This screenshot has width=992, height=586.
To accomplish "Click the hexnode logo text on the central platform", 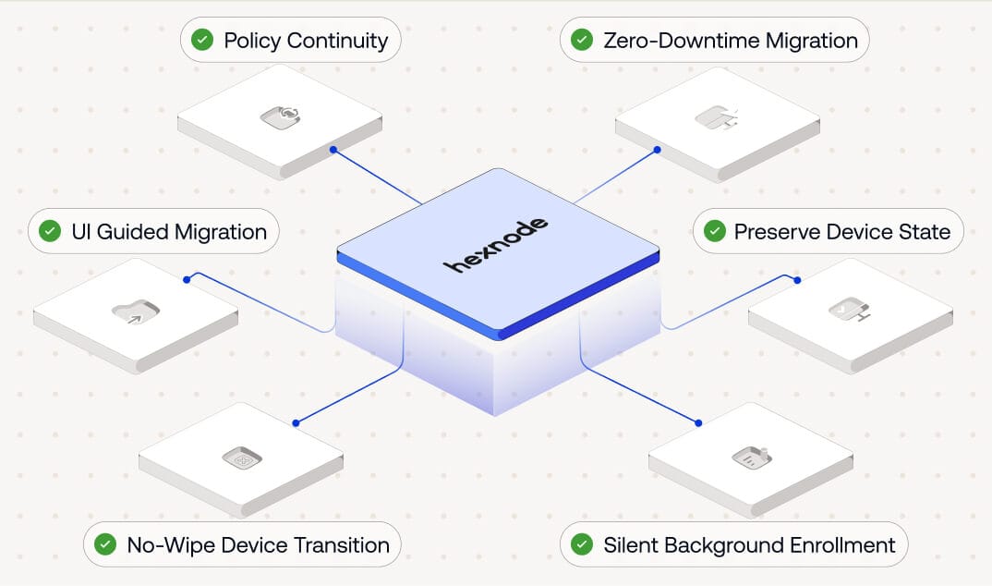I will pos(496,245).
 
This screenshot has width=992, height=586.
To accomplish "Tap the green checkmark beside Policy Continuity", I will pos(201,40).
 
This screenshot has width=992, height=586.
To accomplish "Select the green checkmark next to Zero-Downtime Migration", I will pos(581,40).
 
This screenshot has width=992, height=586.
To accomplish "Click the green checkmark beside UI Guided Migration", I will pos(50,231).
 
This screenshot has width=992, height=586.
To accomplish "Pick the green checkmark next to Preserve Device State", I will pos(714,231).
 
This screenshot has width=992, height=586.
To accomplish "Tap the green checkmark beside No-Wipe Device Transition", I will pos(105,544).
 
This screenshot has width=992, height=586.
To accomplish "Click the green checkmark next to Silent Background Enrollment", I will pos(581,544).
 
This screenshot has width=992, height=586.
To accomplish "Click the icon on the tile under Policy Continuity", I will pos(281,116).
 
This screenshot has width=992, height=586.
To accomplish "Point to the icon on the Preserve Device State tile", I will pos(850,311).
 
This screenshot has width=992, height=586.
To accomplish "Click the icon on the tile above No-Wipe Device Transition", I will pos(242,458).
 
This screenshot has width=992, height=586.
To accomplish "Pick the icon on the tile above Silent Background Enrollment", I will pos(751,456).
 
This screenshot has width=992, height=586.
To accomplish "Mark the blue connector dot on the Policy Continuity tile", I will pos(333,149).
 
